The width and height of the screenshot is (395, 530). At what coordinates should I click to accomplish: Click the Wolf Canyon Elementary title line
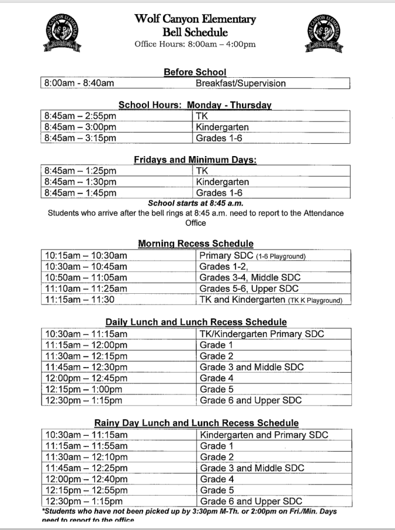(195, 19)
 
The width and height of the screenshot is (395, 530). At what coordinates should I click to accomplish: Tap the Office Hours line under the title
(195, 44)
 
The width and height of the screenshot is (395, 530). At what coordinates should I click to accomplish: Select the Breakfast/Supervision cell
(241, 84)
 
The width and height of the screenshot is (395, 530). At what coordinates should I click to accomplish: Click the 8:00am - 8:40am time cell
(79, 84)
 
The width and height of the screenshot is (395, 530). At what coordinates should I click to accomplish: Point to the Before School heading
(195, 72)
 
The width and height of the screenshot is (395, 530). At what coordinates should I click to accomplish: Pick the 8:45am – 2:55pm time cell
(81, 116)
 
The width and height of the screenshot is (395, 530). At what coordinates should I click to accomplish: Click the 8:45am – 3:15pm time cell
(81, 138)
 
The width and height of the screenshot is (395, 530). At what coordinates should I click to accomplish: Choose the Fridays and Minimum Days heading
(195, 160)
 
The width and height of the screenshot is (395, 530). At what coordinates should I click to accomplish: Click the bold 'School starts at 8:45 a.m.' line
(195, 203)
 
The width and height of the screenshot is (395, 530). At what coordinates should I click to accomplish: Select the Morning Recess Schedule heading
(195, 243)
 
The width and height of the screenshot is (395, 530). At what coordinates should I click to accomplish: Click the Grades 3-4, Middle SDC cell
(250, 277)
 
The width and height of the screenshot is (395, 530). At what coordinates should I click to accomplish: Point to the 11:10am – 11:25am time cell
(86, 289)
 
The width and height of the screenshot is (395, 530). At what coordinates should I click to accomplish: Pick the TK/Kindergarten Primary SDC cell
(262, 334)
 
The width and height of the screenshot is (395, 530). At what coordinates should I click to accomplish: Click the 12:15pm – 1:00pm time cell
(84, 389)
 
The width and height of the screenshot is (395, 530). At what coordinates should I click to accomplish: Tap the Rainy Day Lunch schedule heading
(196, 423)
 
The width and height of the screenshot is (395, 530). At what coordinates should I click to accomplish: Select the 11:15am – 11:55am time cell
(86, 446)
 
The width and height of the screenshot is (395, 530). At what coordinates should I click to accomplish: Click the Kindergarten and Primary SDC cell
(264, 435)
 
